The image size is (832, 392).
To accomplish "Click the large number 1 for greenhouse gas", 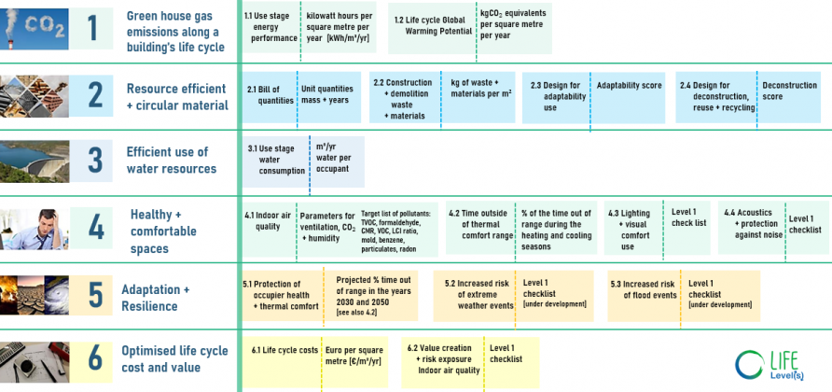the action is coord(93,29).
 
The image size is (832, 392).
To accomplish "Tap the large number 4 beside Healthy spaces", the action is coord(96,228).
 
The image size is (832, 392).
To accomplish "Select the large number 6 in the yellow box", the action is coord(95,358).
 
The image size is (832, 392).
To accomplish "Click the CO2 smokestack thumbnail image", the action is coord(35,29).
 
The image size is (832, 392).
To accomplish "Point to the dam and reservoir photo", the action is coord(35,161).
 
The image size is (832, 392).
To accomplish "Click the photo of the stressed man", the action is coord(35,229).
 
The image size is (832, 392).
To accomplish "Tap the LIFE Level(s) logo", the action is coord(770,365).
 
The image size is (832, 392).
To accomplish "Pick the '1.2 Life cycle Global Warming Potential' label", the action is coord(433,25).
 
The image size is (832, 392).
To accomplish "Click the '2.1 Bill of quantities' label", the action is coord(270,94).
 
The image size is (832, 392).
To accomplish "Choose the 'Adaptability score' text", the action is coord(629,86).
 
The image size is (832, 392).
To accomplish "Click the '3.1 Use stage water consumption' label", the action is coord(276,160).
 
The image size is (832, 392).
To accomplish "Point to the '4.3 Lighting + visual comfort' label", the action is coord(629,230).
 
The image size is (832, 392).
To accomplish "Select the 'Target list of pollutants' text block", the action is coord(395,231).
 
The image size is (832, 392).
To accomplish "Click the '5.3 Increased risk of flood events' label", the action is coord(643,289).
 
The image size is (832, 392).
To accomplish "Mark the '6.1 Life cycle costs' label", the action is coord(284,350).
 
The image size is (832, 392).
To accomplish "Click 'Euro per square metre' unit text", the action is coord(353,356).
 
